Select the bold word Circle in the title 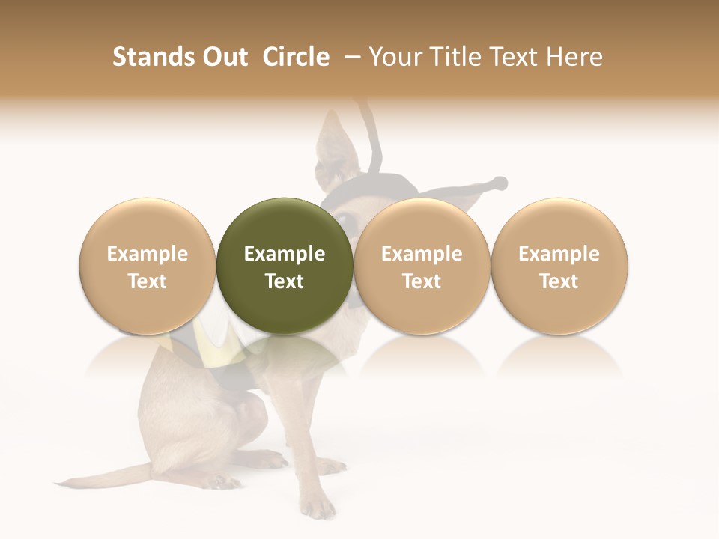(296, 57)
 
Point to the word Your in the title (395, 57)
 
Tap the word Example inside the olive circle (284, 254)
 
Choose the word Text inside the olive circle (284, 281)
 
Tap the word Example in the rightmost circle (559, 254)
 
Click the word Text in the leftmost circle (147, 281)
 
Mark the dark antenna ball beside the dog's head (500, 183)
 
